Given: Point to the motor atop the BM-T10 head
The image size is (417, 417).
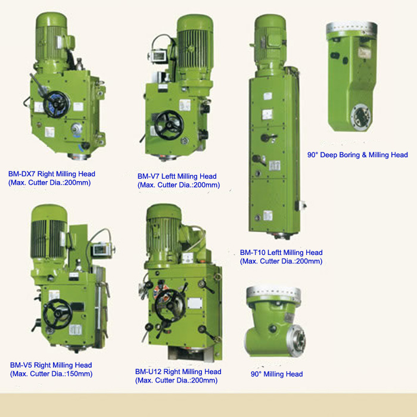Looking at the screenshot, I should click(x=272, y=35).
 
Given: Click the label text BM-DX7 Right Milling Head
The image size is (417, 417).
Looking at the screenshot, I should click(x=52, y=174).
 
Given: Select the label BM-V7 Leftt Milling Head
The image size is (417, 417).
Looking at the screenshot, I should click(x=177, y=176).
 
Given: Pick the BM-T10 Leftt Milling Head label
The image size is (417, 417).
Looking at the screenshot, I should click(x=281, y=253).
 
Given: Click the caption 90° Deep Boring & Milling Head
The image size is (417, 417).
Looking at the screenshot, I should click(x=357, y=155).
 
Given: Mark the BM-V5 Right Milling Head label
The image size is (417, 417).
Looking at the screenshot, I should click(x=51, y=365).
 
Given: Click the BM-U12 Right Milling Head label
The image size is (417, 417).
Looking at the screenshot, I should click(x=178, y=372).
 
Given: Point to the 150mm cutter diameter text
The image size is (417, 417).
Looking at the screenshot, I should click(x=51, y=374).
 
